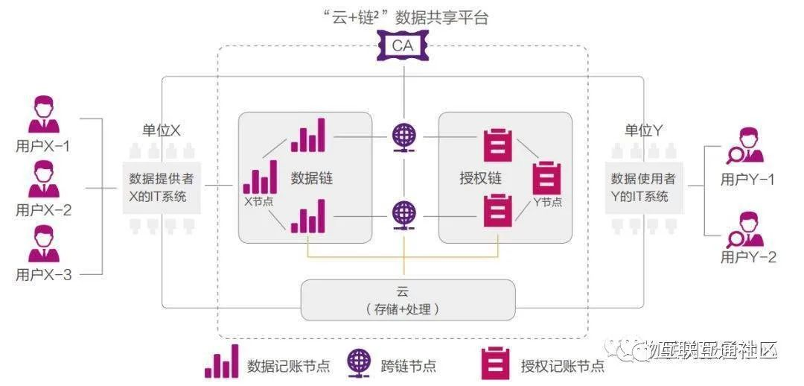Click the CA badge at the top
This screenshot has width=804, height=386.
pyautogui.click(x=404, y=47)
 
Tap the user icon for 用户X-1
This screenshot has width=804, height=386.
pyautogui.click(x=43, y=115)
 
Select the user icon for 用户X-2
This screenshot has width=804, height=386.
pyautogui.click(x=43, y=180)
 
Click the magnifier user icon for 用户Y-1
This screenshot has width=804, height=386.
pyautogui.click(x=746, y=147)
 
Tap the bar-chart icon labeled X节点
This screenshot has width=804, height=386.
pyautogui.click(x=260, y=178)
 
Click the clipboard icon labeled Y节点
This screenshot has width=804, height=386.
pyautogui.click(x=547, y=178)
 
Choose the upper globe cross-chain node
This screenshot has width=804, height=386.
pyautogui.click(x=404, y=137)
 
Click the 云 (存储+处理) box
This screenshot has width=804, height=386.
pyautogui.click(x=407, y=300)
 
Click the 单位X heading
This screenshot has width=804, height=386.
pyautogui.click(x=162, y=130)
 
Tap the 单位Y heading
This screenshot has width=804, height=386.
pyautogui.click(x=644, y=130)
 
